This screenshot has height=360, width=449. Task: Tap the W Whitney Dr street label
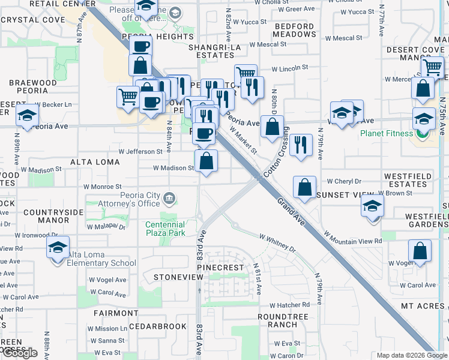pos(278,243)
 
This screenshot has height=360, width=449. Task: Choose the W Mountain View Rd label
pos(352,237)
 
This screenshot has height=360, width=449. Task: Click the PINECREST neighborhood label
pos(223,267)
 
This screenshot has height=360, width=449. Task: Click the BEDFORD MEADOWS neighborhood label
pos(294,31)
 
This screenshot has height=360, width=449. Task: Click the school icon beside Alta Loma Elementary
pos(58,248)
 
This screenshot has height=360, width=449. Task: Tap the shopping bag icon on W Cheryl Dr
pos(305,186)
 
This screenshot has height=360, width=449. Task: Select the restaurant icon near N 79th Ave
pos(301,144)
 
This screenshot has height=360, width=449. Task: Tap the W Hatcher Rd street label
pos(289,305)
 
